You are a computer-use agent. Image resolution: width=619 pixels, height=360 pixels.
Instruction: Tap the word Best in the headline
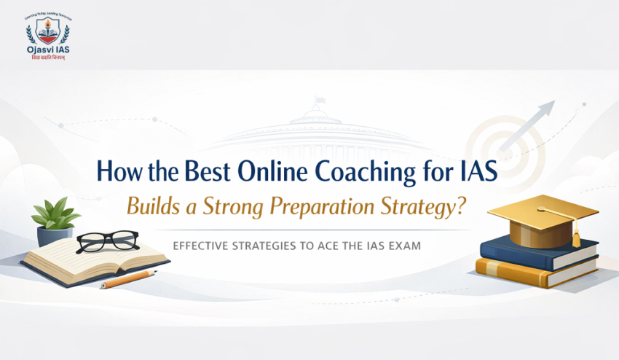pos(208,173)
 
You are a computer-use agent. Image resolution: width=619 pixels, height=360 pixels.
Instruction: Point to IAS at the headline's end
pos(478,173)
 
